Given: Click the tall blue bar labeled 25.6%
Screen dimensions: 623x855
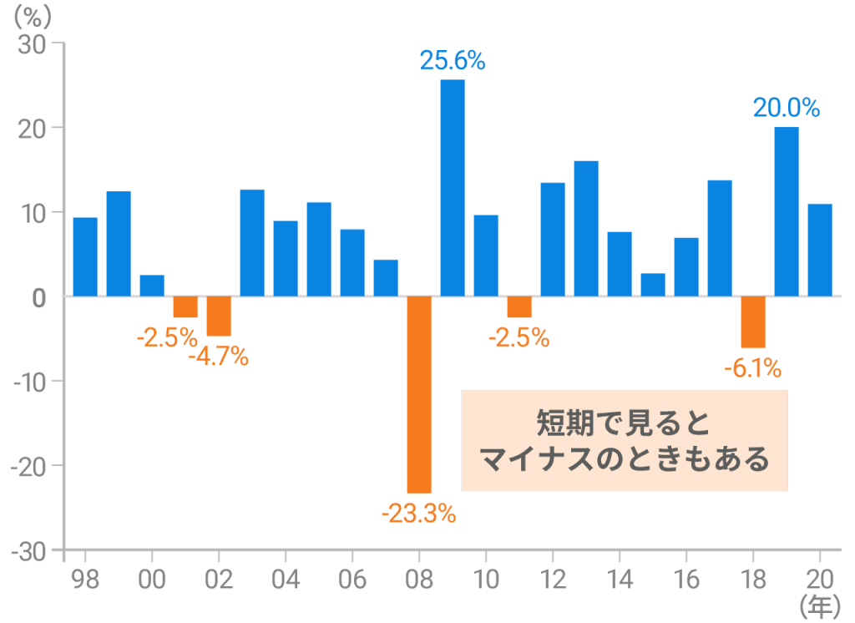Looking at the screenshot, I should click(453, 188).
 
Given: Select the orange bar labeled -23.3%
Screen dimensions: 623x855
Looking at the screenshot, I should click(419, 394).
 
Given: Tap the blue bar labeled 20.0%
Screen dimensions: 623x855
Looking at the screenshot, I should click(787, 211).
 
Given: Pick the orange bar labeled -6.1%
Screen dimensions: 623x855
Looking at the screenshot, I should click(753, 322).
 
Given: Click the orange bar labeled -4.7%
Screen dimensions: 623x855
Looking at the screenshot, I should click(219, 317).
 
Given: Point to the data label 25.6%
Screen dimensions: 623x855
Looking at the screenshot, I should click(453, 60).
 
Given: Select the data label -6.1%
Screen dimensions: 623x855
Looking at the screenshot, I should click(751, 367).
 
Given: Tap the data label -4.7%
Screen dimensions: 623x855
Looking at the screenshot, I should click(219, 357).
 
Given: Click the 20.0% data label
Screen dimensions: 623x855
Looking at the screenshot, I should click(787, 108).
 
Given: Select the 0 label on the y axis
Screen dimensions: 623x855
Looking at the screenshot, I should click(38, 297).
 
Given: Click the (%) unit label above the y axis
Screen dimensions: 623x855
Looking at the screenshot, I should click(32, 15).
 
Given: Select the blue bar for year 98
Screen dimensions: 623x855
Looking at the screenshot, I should click(85, 256).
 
